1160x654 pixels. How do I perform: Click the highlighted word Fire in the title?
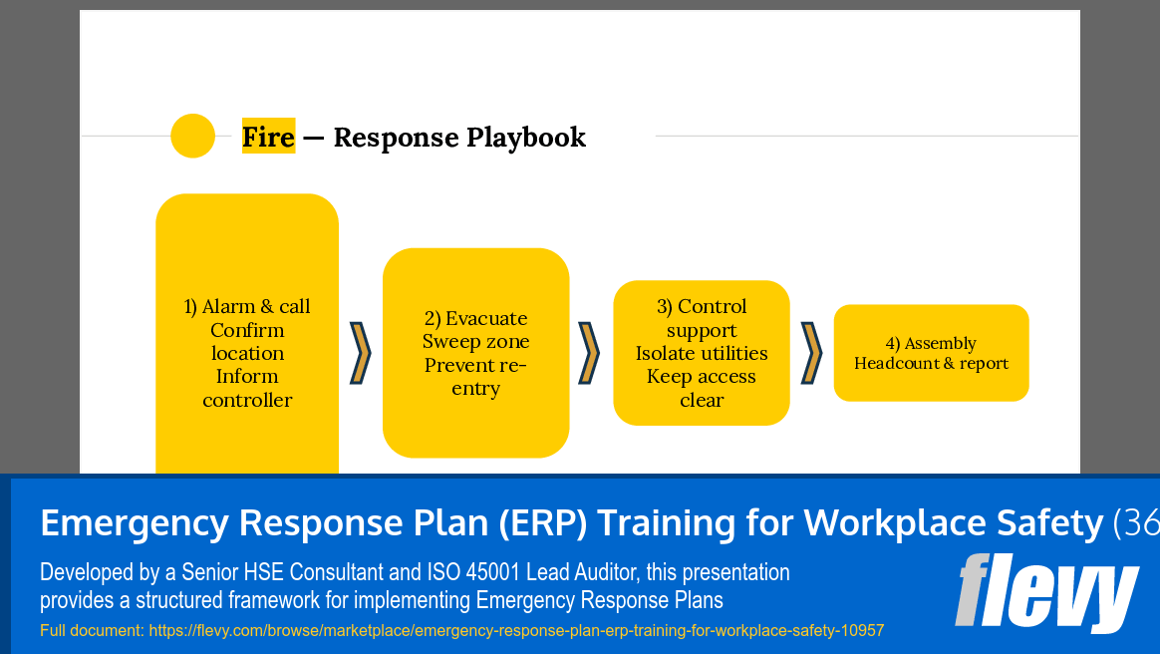(268, 137)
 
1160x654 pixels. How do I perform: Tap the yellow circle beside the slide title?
(193, 136)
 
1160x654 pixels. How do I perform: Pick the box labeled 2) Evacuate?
(475, 353)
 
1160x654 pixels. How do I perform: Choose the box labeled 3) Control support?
(702, 353)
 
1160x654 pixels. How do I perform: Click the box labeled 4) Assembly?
(931, 353)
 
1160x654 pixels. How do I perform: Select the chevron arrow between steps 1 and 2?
(360, 353)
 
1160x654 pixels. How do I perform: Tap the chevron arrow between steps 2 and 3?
(589, 353)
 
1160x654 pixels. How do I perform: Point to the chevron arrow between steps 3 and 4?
(811, 353)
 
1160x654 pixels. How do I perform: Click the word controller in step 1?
(247, 401)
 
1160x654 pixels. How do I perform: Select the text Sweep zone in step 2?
(475, 342)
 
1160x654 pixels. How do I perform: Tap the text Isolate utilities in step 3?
(702, 354)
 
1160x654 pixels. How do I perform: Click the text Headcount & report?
(931, 364)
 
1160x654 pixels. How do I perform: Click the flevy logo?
(1045, 592)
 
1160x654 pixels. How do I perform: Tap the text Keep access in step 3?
(702, 377)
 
